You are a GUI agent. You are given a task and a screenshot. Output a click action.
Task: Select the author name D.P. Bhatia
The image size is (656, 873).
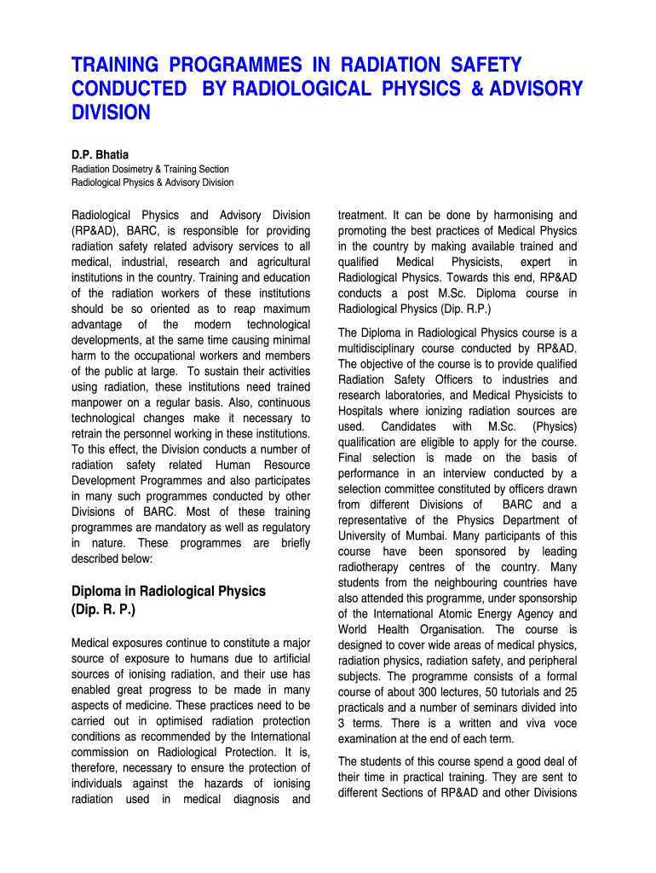tap(100, 154)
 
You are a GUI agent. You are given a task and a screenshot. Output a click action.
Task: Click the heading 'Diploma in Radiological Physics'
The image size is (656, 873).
tap(169, 591)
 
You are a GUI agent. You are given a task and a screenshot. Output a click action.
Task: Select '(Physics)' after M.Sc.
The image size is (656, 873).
tap(554, 426)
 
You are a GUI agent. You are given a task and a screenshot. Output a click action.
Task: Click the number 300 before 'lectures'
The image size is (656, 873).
tap(427, 692)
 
